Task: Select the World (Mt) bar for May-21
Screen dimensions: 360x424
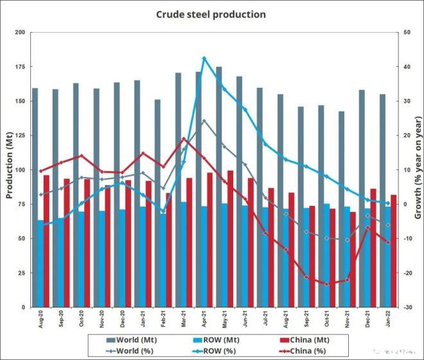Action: [219, 186]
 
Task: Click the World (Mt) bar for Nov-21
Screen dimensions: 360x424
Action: [342, 209]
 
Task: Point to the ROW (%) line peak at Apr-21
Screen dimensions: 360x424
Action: [204, 58]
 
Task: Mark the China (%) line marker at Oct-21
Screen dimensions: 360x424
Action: [327, 284]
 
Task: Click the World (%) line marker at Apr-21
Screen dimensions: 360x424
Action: [204, 121]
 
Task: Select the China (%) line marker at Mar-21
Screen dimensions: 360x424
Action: [184, 139]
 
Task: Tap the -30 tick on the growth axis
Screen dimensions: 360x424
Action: [406, 307]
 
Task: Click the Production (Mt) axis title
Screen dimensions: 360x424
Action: [9, 169]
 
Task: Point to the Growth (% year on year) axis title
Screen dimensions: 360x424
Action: [418, 169]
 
